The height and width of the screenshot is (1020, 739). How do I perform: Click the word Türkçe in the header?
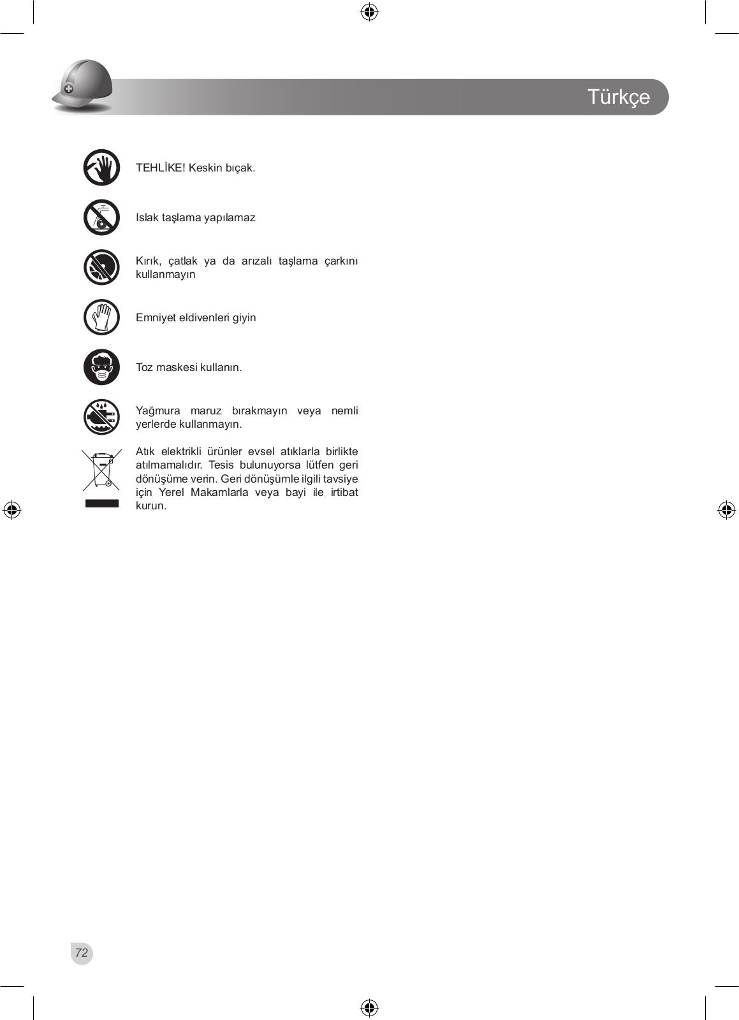pos(618,97)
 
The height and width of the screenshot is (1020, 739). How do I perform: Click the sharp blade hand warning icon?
pos(101,168)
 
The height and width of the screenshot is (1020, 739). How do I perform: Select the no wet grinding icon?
pos(101,217)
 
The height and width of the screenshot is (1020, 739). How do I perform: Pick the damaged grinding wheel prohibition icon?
pos(101,267)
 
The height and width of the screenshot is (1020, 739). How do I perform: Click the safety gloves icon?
pos(101,317)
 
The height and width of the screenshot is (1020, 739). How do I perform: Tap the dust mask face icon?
pos(101,367)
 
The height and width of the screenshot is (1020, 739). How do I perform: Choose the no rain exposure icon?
pos(101,417)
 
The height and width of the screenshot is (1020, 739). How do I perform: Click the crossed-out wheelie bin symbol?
pos(101,470)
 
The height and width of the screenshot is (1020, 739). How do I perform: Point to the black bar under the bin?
pos(101,504)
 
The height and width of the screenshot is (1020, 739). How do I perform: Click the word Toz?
pos(144,367)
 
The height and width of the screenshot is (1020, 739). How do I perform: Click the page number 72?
pos(82,953)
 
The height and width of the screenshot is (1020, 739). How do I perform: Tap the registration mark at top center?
pos(369,12)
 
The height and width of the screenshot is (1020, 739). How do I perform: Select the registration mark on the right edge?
pos(726,510)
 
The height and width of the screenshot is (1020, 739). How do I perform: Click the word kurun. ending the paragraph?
pos(151,506)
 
